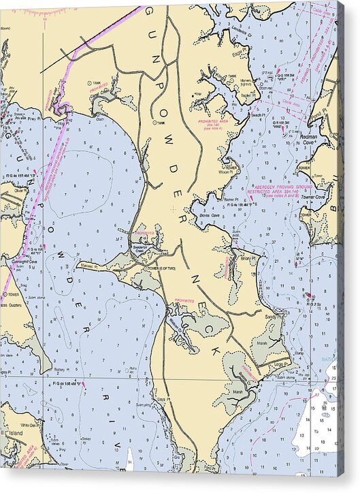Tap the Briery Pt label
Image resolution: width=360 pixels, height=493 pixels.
[x=246, y=259]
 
